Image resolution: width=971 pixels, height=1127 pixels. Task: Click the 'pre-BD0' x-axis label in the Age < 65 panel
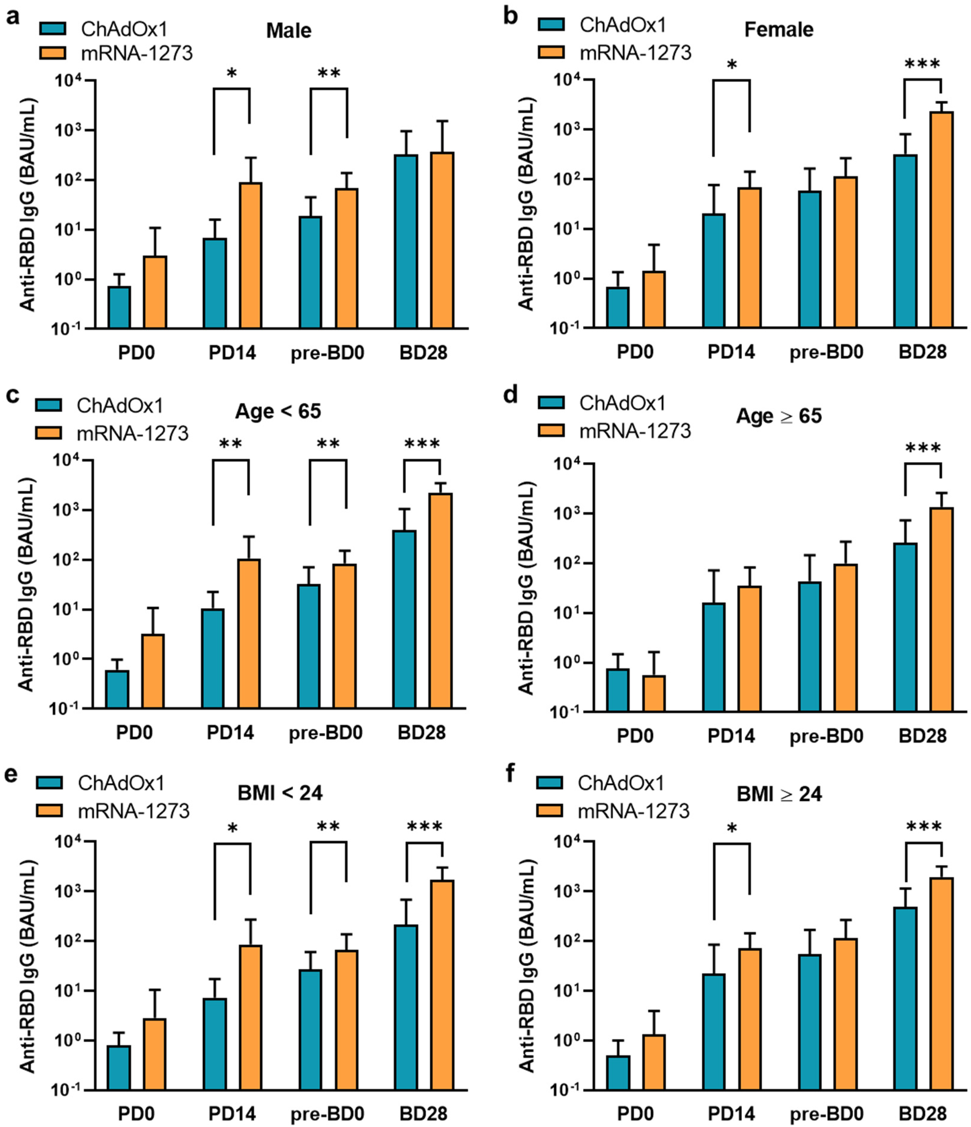[326, 733]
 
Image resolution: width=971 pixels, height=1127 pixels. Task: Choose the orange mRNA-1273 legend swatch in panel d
[554, 431]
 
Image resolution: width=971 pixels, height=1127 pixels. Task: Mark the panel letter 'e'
[10, 774]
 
